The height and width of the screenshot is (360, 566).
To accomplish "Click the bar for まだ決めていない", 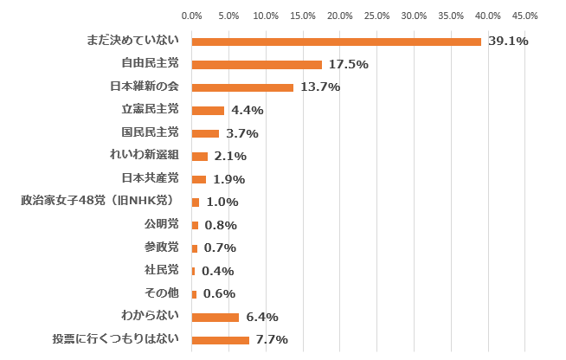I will click(x=336, y=42).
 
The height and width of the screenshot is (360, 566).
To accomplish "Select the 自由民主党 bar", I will click(x=256, y=64).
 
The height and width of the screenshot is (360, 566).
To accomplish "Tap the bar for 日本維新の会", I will click(x=242, y=87).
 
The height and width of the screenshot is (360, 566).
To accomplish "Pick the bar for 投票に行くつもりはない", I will click(x=220, y=340).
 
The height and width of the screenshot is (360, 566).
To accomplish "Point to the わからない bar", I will click(x=215, y=317).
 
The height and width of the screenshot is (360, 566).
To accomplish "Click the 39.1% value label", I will click(x=508, y=41).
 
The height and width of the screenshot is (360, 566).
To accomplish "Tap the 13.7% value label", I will click(x=320, y=87).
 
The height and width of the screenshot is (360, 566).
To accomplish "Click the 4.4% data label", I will click(x=248, y=110).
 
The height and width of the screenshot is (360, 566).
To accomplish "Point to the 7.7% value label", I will click(x=272, y=340).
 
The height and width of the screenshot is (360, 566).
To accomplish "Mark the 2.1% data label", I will click(x=231, y=156).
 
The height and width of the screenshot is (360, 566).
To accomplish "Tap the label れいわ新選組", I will click(x=144, y=155).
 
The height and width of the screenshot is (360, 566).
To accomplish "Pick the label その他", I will click(x=161, y=292).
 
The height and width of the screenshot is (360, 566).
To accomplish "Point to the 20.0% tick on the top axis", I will click(x=340, y=16).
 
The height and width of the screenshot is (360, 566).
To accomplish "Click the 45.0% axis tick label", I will click(x=525, y=16).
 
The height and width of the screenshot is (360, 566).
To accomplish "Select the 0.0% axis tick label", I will click(x=192, y=16).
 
